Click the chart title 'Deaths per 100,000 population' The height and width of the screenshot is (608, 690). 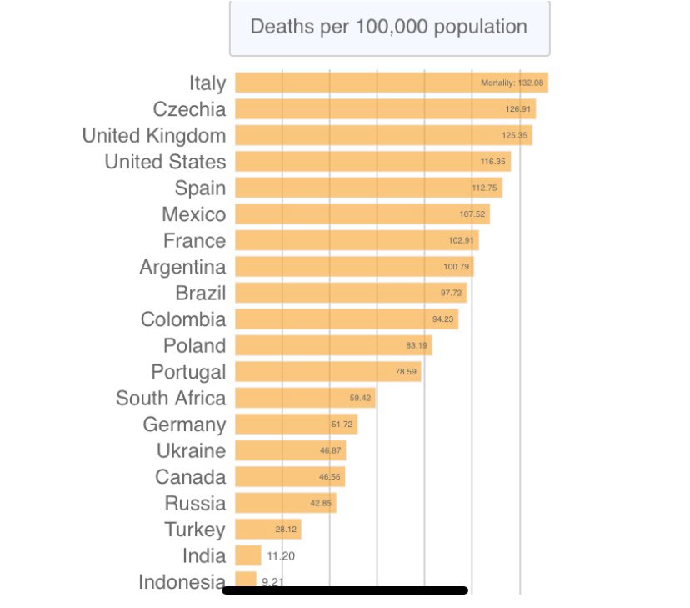[389, 27]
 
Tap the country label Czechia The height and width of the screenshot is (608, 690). [189, 109]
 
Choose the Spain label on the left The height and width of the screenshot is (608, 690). [200, 188]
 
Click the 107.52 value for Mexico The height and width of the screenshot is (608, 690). [472, 214]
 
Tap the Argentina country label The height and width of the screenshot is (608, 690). [182, 267]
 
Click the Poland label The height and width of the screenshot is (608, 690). [194, 346]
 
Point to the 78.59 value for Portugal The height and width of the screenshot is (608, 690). [407, 372]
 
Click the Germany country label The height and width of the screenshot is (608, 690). [184, 425]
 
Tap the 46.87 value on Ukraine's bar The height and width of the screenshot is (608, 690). [331, 450]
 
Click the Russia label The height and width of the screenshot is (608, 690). [195, 503]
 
